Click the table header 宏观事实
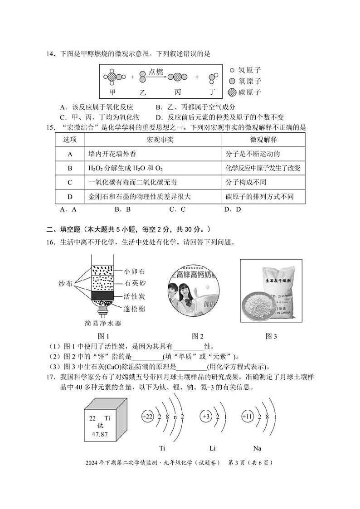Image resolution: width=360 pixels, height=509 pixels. point(153,139)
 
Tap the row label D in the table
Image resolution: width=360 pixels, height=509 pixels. point(70,197)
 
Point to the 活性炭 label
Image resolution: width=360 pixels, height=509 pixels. point(135,297)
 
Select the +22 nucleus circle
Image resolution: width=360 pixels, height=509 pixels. point(147,417)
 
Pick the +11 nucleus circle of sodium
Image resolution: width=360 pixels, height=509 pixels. point(247,417)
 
